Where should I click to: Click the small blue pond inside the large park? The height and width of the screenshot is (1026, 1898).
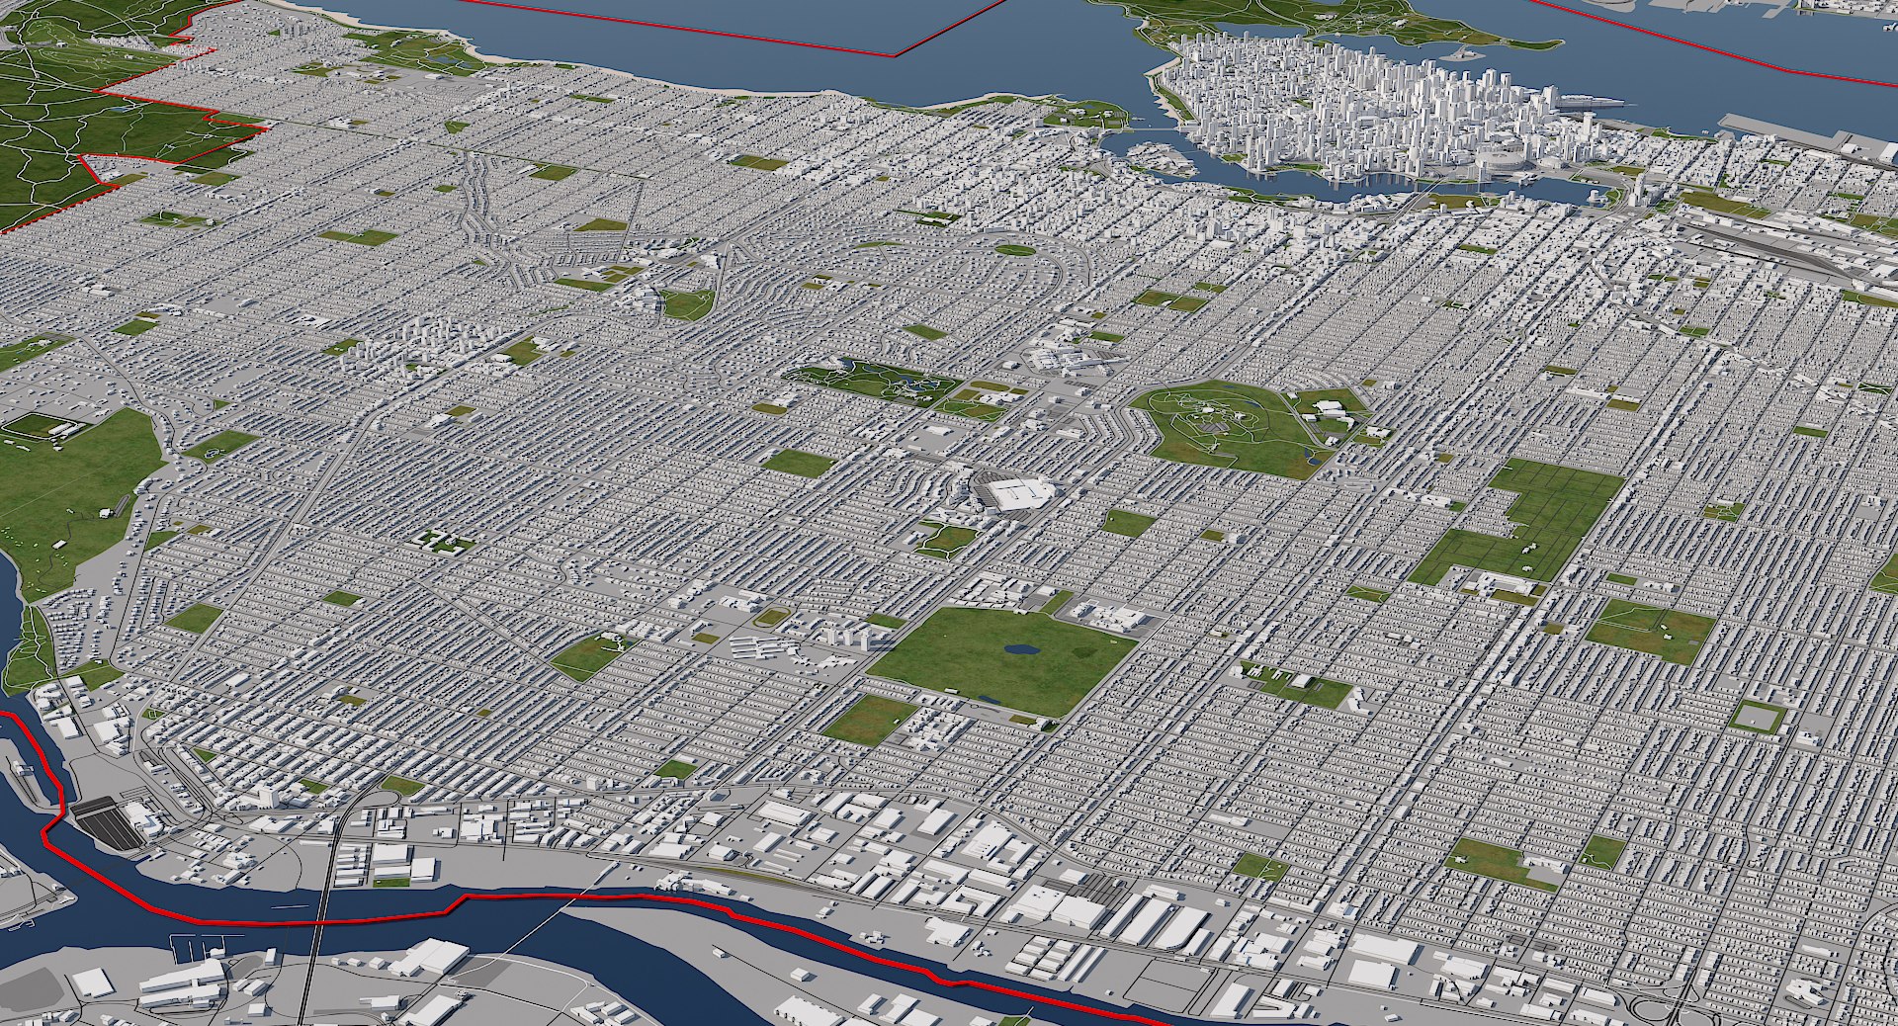[x=1019, y=650]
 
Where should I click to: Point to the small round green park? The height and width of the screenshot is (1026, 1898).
[x=1014, y=250]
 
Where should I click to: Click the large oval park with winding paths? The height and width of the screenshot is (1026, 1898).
[x=1226, y=427]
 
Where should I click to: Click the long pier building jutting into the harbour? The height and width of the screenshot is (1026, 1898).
[x=1592, y=101]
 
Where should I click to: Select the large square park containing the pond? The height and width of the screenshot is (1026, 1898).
[x=998, y=657]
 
